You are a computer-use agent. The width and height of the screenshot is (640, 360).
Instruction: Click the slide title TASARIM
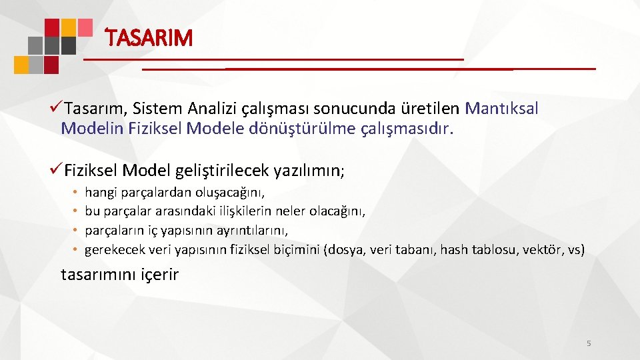(149, 38)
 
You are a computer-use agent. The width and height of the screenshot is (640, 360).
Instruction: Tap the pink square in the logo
(85, 27)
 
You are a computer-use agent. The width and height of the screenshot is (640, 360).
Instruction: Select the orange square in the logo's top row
(68, 27)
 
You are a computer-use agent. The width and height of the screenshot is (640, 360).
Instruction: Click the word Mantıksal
(501, 107)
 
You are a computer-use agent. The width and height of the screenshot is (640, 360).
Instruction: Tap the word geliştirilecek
(223, 171)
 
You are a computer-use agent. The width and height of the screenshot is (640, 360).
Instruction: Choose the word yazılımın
(309, 171)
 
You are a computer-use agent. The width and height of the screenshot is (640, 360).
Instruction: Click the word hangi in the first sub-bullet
(99, 193)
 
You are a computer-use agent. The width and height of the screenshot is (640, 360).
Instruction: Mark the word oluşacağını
(229, 193)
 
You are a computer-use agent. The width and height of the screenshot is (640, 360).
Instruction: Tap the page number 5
(588, 343)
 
